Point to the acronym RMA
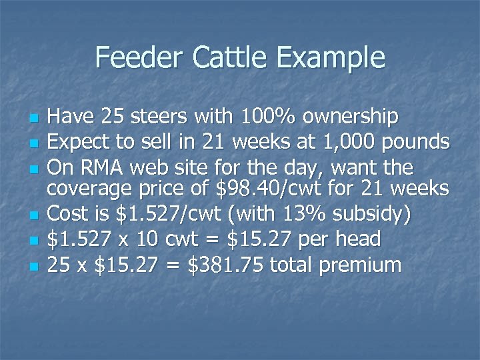(x=99, y=167)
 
